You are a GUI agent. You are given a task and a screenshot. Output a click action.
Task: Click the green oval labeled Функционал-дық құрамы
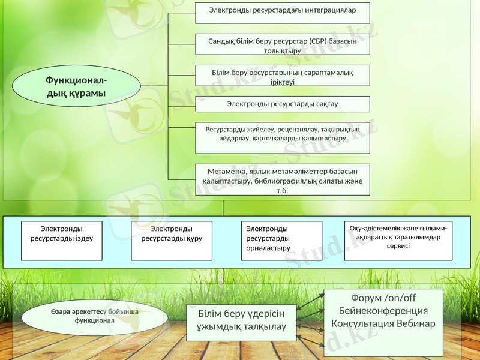(x=76, y=86)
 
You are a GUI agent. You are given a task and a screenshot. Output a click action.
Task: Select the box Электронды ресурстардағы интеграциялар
(x=283, y=12)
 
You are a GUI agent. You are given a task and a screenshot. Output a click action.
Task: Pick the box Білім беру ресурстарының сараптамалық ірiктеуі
(x=283, y=76)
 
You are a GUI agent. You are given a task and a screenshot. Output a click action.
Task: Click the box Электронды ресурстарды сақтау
(x=283, y=104)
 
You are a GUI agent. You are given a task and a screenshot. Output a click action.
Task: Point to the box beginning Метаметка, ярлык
(x=283, y=179)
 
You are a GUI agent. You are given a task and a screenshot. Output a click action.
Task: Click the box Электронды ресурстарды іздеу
(x=62, y=240)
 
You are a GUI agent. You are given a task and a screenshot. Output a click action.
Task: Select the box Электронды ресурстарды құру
(x=172, y=240)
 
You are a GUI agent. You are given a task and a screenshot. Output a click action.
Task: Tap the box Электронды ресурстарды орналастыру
(x=281, y=240)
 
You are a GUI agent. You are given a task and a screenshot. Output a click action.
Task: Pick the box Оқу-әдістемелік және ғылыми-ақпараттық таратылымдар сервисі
(x=398, y=240)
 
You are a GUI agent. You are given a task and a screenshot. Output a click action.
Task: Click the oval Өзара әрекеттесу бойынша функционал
(x=94, y=316)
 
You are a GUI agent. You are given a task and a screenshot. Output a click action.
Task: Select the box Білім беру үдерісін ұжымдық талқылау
(x=242, y=320)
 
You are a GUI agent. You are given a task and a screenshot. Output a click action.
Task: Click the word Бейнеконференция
(x=383, y=311)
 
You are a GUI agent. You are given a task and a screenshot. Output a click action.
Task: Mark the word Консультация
(x=361, y=323)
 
